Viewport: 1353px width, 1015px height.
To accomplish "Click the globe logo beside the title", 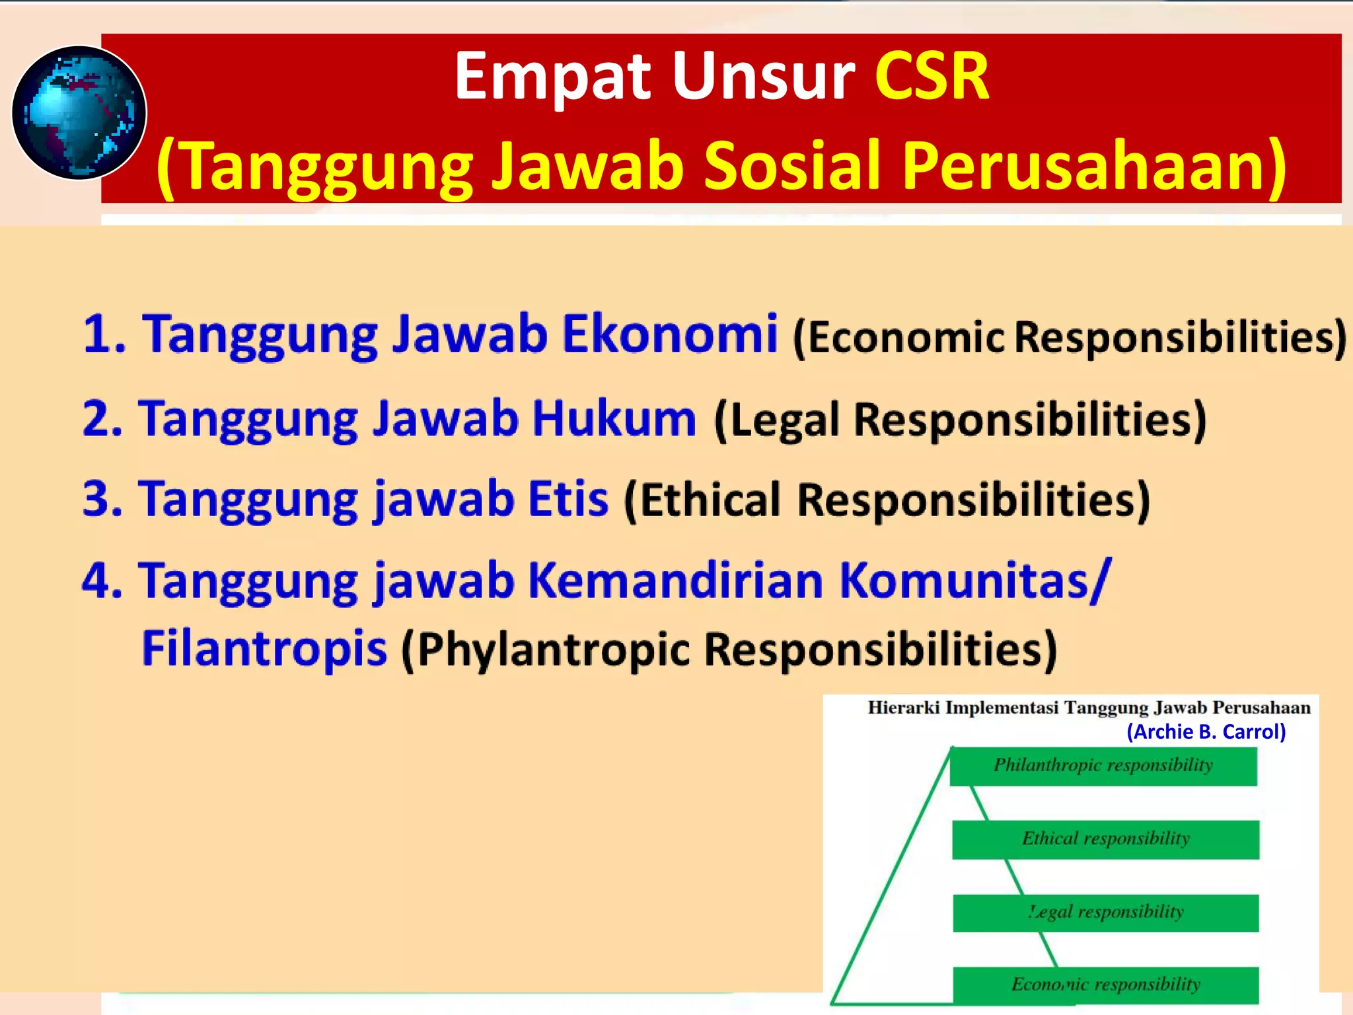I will tap(79, 113).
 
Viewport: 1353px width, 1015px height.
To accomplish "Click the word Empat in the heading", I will tap(553, 77).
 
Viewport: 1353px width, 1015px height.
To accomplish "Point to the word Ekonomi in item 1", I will tap(669, 334).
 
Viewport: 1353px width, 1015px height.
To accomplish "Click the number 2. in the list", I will tap(102, 419).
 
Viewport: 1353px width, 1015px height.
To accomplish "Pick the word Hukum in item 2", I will tap(614, 419).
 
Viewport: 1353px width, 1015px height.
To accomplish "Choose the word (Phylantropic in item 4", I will tap(546, 650).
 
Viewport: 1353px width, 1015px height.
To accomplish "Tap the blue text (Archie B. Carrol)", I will tap(1206, 732).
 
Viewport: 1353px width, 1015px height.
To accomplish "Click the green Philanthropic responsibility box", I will tap(1103, 766).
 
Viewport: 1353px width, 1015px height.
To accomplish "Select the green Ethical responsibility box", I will tap(1105, 839).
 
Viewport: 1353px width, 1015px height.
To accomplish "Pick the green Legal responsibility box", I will tap(1105, 913).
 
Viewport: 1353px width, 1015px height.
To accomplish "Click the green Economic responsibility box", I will tap(1105, 985).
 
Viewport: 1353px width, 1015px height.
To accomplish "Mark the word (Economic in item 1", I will tap(898, 337).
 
